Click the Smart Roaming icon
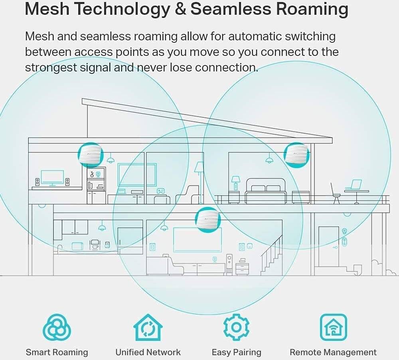click(x=57, y=328)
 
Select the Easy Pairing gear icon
click(x=236, y=327)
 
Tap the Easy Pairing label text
click(x=236, y=352)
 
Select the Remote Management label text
click(x=333, y=352)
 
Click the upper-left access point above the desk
click(x=91, y=155)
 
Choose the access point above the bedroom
click(x=297, y=155)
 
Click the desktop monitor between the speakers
click(x=52, y=178)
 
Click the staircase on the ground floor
click(x=271, y=255)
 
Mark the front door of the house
click(x=328, y=246)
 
